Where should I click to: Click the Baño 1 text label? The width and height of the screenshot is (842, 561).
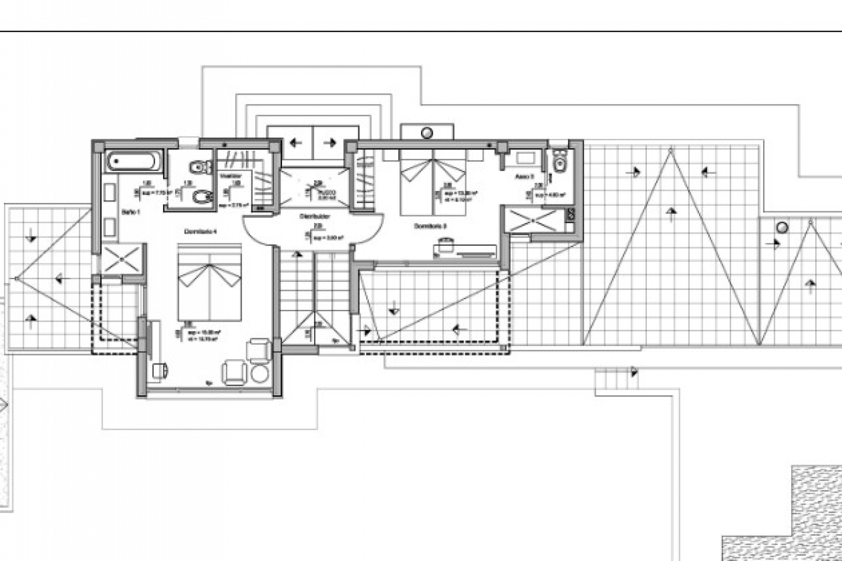131,212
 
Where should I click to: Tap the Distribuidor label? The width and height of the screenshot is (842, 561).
314,217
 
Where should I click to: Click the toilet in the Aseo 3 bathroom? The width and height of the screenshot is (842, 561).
560,163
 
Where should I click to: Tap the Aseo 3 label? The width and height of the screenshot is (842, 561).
524,178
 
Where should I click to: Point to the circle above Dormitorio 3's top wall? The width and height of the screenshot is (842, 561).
427,132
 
